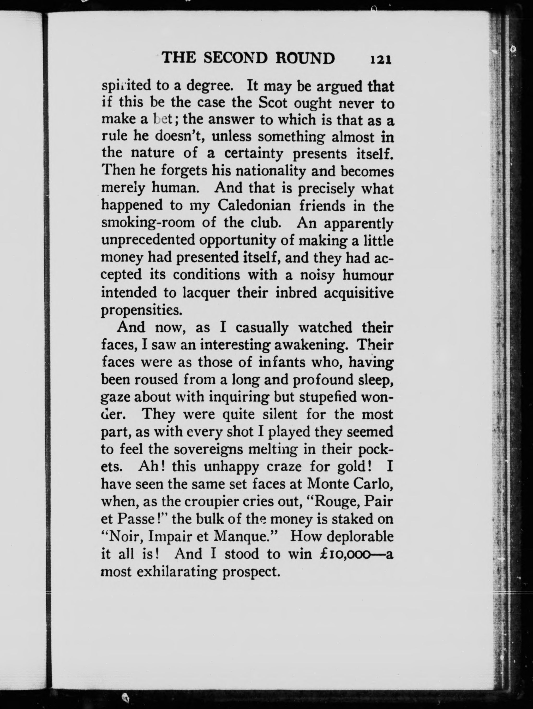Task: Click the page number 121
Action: click(381, 59)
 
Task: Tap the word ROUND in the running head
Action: click(305, 58)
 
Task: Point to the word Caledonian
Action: click(254, 205)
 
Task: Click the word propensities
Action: click(142, 310)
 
